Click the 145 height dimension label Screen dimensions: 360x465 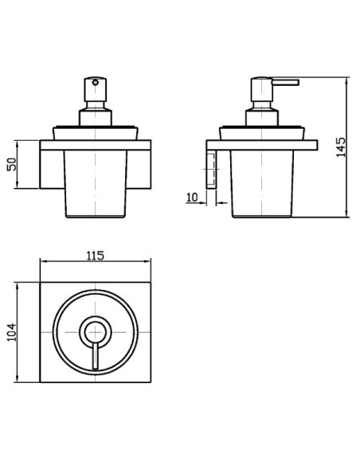click(341, 147)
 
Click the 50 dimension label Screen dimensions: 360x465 click(12, 164)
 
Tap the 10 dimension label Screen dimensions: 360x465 click(192, 197)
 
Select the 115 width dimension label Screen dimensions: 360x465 click(96, 256)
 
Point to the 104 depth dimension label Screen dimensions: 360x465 click(12, 332)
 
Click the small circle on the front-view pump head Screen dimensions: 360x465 click(96, 83)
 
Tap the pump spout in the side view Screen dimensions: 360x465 click(285, 83)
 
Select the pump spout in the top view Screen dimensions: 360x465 click(96, 356)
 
